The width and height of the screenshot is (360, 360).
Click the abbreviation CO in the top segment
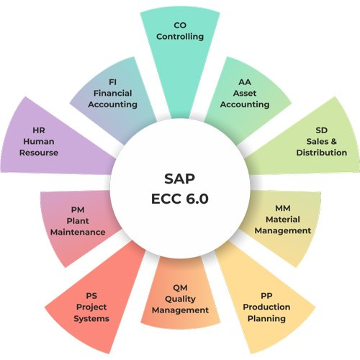tap(180, 25)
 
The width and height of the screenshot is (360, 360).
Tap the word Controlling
tap(180, 37)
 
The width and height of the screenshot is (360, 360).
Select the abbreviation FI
tap(112, 82)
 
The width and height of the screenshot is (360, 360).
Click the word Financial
tap(112, 93)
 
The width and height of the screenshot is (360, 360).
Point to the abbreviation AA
tap(245, 82)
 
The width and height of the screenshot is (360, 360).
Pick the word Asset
tap(245, 93)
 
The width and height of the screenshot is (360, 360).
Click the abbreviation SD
tap(322, 130)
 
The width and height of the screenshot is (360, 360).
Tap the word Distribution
tap(322, 153)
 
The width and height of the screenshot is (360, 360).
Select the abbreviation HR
tap(39, 130)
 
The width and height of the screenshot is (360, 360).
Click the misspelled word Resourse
tap(39, 153)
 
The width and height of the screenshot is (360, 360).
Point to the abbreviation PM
tap(78, 210)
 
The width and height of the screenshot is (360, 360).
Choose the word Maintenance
tap(78, 232)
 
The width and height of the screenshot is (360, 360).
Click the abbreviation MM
tap(283, 208)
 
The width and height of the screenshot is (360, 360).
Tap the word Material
tap(283, 220)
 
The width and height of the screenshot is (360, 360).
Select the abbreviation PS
tap(91, 296)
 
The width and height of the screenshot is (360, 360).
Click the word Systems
tap(91, 318)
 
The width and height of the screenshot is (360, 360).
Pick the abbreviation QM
tap(180, 288)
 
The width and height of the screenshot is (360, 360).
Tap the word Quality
tap(180, 299)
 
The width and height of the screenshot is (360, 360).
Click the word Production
tap(266, 307)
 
